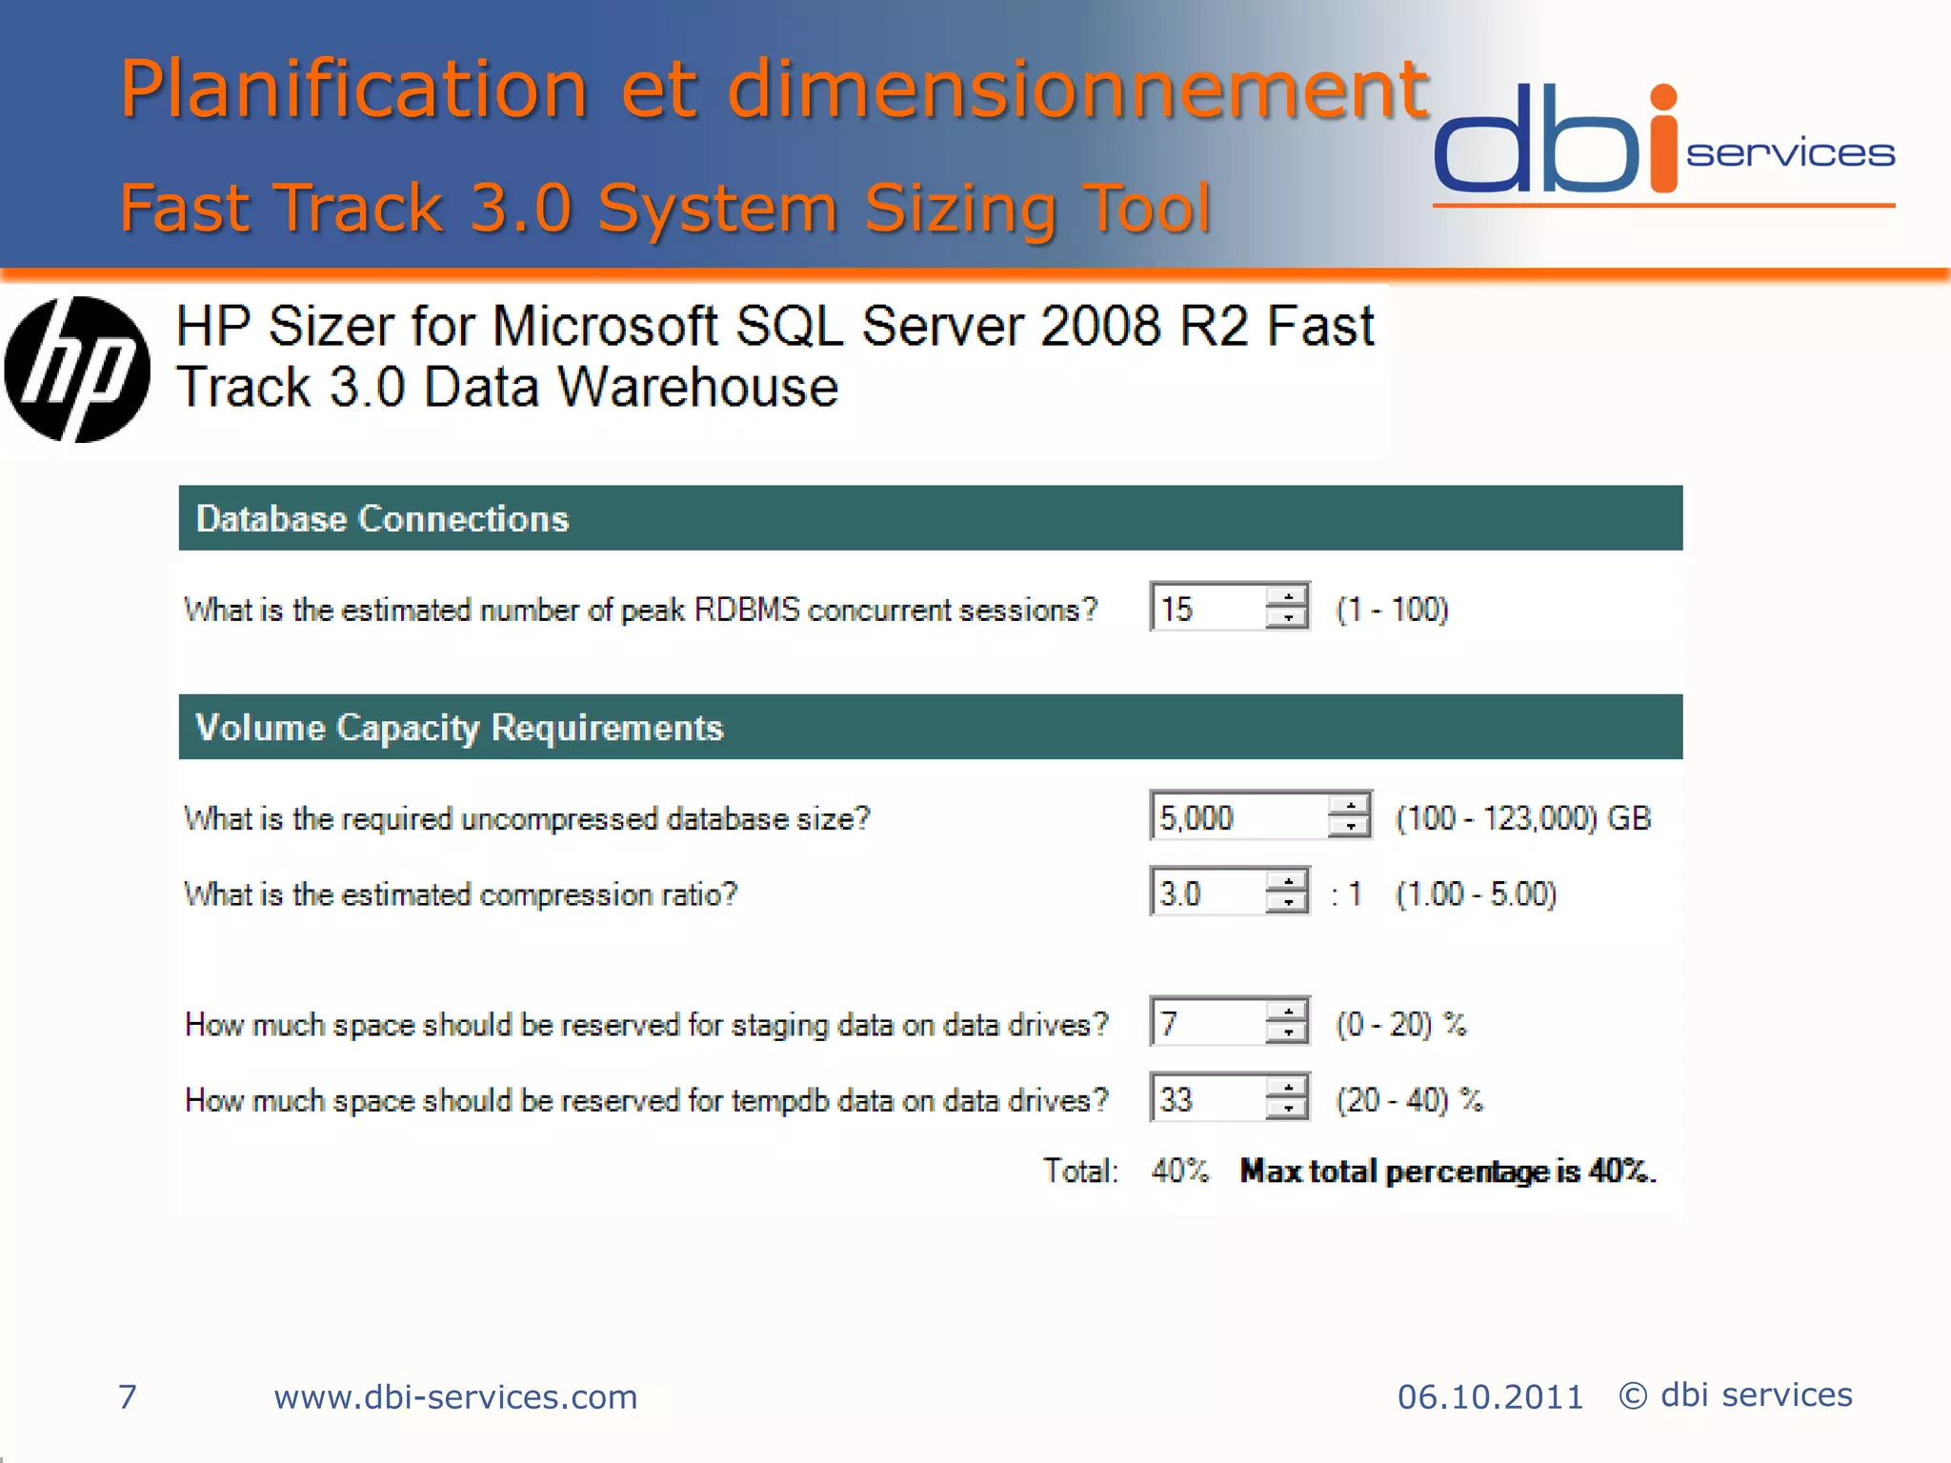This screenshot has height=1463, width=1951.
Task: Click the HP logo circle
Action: pos(77,370)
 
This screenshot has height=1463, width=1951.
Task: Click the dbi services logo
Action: pos(1662,143)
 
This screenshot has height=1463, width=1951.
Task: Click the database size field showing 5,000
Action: pos(1237,816)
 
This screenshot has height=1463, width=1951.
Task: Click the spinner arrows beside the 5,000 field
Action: pos(1349,816)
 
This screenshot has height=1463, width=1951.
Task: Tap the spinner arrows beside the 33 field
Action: pos(1287,1098)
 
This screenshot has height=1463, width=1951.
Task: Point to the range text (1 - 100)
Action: pos(1392,609)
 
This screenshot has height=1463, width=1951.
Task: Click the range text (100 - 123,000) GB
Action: pos(1522,817)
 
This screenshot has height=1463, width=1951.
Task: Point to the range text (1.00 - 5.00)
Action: pos(1476,893)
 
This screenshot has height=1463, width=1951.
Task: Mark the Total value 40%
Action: pos(1179,1170)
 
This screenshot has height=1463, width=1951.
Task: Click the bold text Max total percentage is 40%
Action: pos(1447,1170)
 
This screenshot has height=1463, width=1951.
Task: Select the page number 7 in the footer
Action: pos(127,1396)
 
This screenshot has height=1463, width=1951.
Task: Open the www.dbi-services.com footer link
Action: pos(455,1396)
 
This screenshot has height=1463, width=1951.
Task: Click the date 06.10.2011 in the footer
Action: pos(1490,1396)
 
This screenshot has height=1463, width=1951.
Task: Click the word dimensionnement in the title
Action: pos(1077,89)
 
